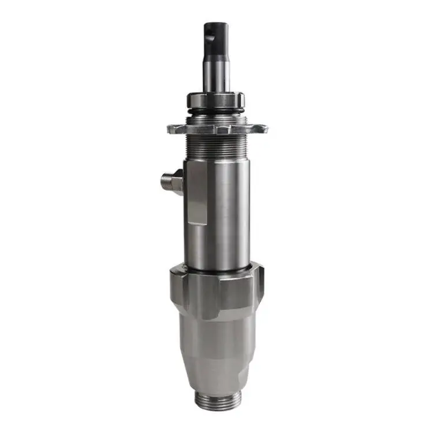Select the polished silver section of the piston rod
coord(216,75)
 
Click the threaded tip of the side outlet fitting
coord(165,182)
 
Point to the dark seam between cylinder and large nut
coord(217,271)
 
